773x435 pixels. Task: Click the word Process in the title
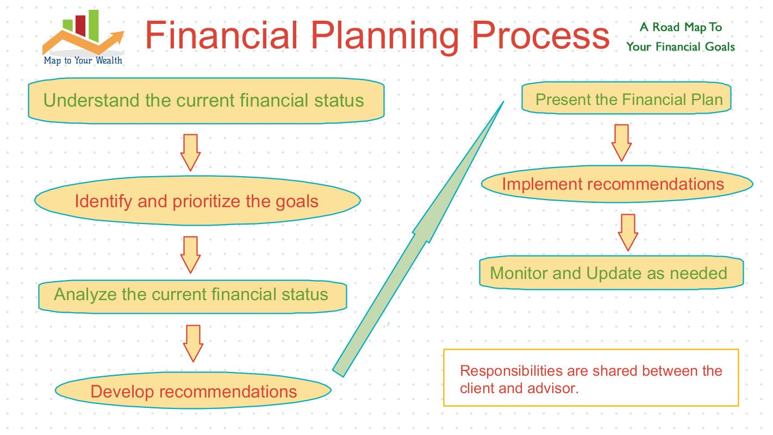[540, 35]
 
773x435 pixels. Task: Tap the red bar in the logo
[80, 26]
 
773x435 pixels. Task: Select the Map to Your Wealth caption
[83, 60]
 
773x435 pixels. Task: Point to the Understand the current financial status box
[206, 101]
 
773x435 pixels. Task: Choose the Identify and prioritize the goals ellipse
[197, 201]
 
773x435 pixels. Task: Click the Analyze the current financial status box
[192, 296]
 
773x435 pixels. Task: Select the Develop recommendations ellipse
[194, 390]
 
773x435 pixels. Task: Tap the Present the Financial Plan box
[626, 98]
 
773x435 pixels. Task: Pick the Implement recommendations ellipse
[617, 184]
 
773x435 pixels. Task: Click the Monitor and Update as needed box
[611, 273]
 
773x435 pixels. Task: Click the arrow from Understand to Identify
[190, 153]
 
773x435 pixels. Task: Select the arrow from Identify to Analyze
[190, 255]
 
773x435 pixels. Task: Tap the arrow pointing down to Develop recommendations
[194, 344]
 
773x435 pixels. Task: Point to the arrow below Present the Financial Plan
[621, 143]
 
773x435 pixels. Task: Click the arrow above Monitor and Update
[628, 232]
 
